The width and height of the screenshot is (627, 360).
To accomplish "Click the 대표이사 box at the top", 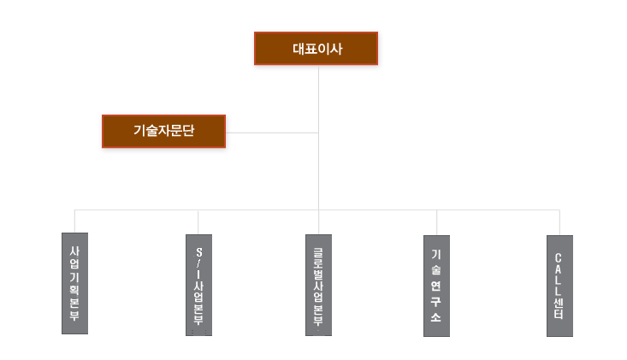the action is (316, 49).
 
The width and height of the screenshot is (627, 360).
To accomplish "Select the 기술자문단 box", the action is (164, 132).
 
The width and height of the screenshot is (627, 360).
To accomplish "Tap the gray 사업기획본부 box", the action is (74, 283).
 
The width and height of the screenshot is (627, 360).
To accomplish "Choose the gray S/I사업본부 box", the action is (198, 286).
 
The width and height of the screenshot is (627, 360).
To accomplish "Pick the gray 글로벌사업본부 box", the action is (319, 286).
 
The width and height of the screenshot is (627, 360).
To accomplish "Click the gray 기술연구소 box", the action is (436, 286).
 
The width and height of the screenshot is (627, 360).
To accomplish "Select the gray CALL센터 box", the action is (559, 286).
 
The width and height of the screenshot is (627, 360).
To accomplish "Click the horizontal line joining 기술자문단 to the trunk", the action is (272, 133).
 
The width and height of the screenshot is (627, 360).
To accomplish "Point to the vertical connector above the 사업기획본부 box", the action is (74, 221).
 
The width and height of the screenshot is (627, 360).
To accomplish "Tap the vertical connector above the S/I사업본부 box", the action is (198, 222).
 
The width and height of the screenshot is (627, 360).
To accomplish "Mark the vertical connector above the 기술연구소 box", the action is (436, 222).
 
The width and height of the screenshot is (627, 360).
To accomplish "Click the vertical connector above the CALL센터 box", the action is (559, 222).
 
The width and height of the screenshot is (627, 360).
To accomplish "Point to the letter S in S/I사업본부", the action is (199, 252).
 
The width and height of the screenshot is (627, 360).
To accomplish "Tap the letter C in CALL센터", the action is (559, 258).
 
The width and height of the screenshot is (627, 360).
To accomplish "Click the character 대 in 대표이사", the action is (299, 49).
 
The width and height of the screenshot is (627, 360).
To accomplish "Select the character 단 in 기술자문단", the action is (188, 130).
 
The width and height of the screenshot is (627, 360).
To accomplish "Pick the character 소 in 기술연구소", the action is (436, 317).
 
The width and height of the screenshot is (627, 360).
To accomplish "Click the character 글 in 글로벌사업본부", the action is (318, 254).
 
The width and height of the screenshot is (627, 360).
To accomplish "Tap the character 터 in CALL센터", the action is (559, 314).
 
